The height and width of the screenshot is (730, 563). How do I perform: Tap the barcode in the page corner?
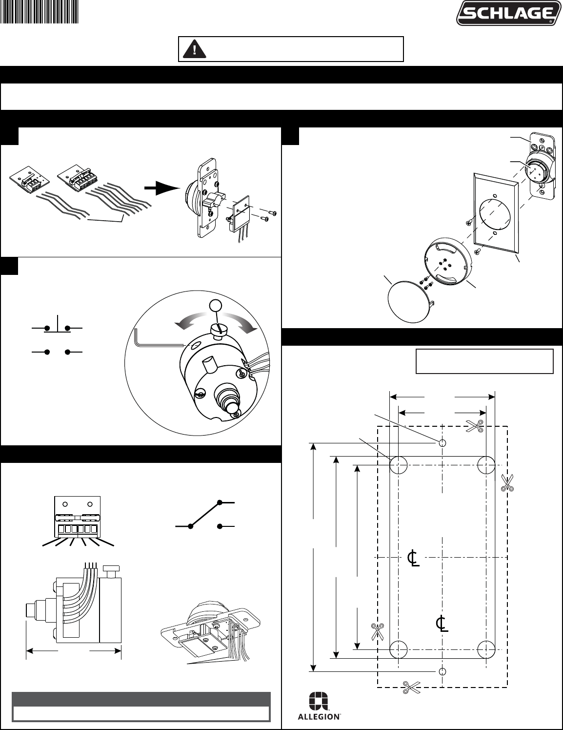click(40, 11)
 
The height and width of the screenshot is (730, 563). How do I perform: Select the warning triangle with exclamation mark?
click(194, 49)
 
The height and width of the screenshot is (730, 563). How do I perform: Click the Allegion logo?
click(319, 706)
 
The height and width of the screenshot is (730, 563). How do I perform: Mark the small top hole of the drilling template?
click(442, 443)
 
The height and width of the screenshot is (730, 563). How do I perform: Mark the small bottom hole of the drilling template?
click(442, 671)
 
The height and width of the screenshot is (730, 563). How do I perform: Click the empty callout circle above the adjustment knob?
click(215, 306)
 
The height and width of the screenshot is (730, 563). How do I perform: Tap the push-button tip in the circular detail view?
click(231, 408)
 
